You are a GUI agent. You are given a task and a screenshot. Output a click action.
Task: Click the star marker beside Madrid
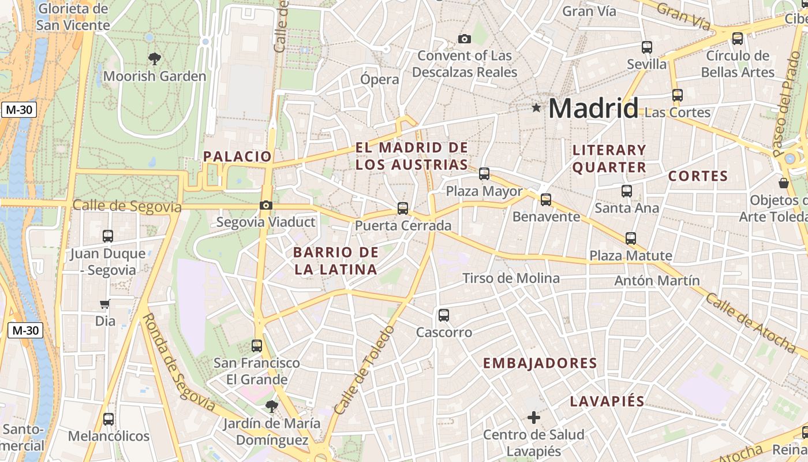(x=537, y=107)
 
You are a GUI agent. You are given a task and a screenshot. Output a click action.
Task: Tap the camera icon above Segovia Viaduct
(x=266, y=205)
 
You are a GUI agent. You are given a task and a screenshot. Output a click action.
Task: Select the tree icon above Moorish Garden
(x=154, y=58)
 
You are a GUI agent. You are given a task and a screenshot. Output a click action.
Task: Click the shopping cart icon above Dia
(x=104, y=304)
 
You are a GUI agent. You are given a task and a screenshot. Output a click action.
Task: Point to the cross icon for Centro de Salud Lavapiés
(x=534, y=417)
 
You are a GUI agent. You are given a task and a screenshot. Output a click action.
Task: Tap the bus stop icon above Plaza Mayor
(x=484, y=173)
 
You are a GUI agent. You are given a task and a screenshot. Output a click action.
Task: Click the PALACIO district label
(x=237, y=157)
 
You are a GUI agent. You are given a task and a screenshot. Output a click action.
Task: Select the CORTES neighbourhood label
(x=698, y=176)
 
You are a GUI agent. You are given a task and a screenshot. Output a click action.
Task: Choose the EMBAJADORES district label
(x=540, y=363)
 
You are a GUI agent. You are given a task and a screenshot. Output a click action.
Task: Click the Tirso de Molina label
(x=511, y=278)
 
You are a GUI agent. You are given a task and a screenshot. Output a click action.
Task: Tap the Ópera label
(x=380, y=79)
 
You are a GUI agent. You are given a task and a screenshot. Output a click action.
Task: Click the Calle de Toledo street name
(x=365, y=370)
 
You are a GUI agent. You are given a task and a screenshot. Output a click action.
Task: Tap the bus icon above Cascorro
(x=443, y=315)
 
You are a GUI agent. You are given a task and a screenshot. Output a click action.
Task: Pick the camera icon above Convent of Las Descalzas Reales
(x=464, y=39)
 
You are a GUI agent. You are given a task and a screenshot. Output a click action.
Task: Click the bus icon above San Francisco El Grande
(x=257, y=346)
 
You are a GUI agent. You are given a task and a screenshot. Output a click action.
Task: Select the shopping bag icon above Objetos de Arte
(x=784, y=183)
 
